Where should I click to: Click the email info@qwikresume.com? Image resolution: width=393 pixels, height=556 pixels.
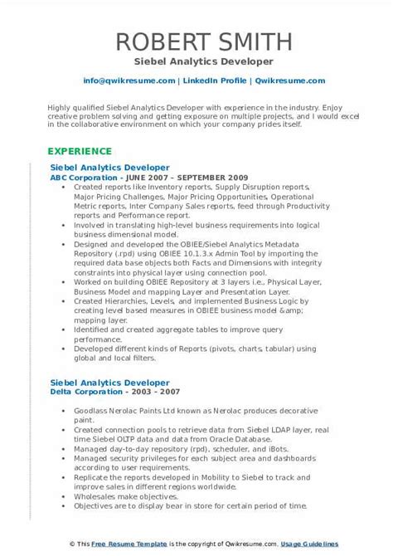point(129,80)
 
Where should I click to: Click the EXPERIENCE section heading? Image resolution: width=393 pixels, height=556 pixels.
point(80,151)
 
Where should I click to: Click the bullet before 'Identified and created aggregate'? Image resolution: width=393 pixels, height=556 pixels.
point(64,329)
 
